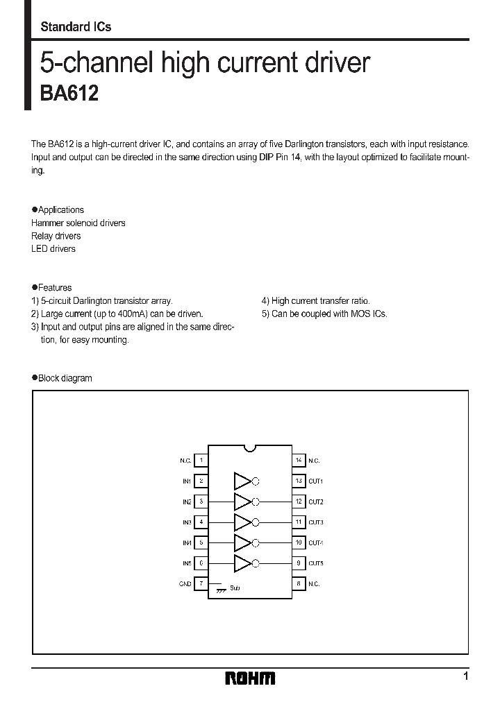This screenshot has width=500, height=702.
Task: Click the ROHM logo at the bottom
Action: (x=250, y=678)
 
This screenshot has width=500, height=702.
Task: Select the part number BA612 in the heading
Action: (x=69, y=94)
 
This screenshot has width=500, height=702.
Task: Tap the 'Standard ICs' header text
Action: (x=76, y=27)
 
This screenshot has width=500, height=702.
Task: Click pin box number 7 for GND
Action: (x=201, y=583)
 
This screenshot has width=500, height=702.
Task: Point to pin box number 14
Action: (x=299, y=460)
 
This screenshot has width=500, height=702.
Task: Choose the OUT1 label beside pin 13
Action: (x=316, y=481)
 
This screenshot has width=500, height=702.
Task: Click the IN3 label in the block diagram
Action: (x=186, y=522)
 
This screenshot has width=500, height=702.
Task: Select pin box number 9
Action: (x=299, y=563)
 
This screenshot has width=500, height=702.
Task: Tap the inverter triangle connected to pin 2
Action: (x=242, y=481)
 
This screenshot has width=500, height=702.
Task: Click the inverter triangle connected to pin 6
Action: (x=242, y=563)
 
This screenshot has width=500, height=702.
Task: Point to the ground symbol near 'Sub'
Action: (x=221, y=588)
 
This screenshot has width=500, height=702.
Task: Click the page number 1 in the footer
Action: (x=466, y=676)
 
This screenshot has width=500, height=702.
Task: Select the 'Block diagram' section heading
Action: (x=65, y=378)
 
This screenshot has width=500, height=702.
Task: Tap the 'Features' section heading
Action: (x=54, y=287)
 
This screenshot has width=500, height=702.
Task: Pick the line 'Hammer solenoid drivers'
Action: (x=78, y=223)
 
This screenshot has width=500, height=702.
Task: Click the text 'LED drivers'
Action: (x=53, y=248)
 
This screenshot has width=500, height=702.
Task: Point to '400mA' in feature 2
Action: (x=132, y=314)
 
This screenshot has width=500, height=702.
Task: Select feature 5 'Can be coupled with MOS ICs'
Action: (x=324, y=314)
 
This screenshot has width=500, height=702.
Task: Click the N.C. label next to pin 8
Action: (x=315, y=584)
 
